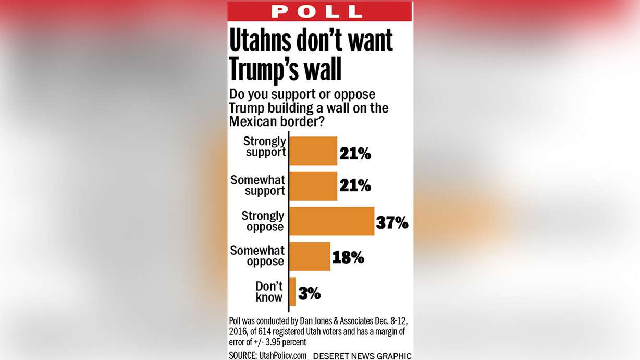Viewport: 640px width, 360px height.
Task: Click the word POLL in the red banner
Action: [316, 11]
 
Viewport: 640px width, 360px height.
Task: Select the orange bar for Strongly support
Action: [313, 151]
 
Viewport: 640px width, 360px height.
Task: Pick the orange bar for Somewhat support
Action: [313, 186]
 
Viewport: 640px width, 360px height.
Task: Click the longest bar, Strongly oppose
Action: [331, 221]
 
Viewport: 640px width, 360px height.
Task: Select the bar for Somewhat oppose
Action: [310, 256]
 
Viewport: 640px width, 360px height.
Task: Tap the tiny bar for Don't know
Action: [292, 292]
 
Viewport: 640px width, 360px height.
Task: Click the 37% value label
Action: [392, 223]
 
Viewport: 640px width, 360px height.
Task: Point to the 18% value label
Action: [348, 257]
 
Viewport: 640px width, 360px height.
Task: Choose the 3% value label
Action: [310, 293]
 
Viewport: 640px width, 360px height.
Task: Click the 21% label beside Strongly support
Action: [355, 153]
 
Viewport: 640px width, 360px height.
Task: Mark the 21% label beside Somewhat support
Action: [355, 185]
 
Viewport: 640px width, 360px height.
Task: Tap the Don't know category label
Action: [269, 292]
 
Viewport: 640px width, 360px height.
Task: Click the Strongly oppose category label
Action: [263, 221]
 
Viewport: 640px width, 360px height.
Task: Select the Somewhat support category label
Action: [257, 185]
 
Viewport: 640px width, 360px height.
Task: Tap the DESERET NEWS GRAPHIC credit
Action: [362, 356]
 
